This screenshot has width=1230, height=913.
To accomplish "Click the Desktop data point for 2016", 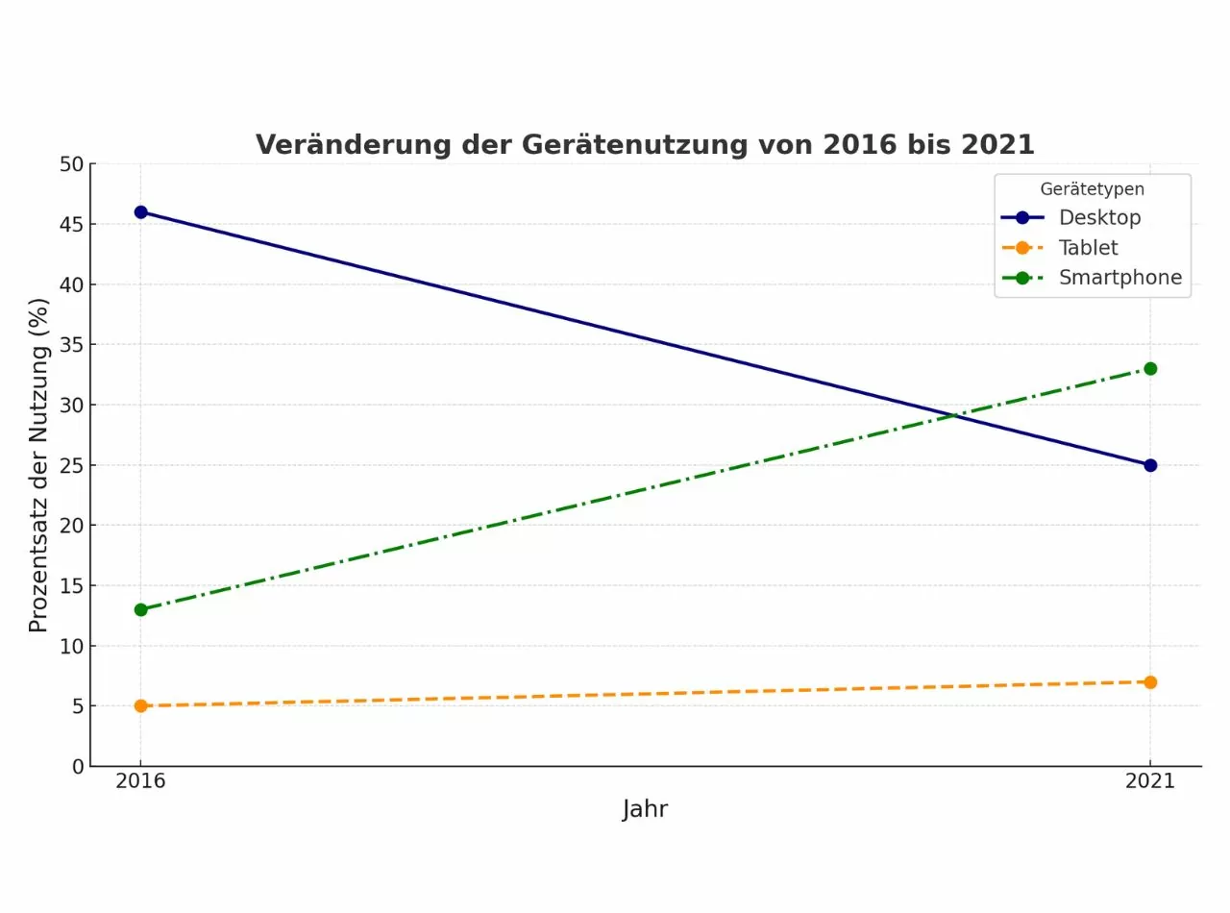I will click(140, 212).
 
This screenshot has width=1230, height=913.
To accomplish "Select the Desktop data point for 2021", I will click(1150, 465).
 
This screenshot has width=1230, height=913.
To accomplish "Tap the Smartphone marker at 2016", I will click(140, 609).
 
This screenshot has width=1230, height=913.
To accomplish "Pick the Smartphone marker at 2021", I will click(1150, 369).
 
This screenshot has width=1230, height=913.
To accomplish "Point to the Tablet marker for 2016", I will click(140, 705).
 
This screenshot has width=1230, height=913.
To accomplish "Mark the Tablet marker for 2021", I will click(1150, 682).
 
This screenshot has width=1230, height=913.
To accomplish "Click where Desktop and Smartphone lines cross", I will click(952, 415).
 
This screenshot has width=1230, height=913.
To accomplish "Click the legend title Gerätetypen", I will click(1092, 190).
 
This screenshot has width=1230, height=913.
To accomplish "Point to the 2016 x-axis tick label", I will click(140, 781).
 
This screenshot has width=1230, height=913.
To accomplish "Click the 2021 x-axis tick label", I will click(1150, 781).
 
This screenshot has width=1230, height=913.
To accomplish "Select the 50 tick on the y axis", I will click(71, 164).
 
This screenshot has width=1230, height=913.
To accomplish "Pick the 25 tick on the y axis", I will click(71, 465).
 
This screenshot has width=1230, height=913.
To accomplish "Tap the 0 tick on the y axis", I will click(78, 767).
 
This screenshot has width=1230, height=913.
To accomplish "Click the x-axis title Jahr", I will click(645, 809).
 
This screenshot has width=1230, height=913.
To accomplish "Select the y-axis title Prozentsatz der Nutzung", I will click(38, 465).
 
